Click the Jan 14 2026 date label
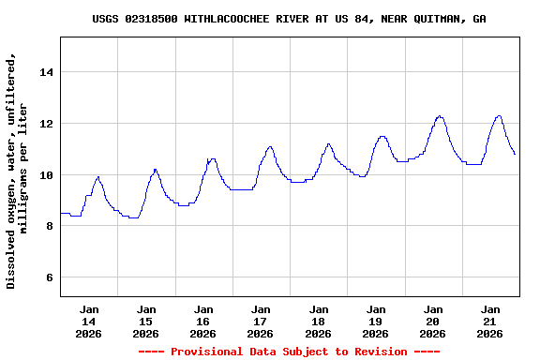[x=89, y=321]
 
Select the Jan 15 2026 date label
[x=146, y=321]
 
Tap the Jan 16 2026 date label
[x=203, y=321]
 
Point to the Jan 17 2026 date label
[x=261, y=321]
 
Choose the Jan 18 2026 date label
[x=318, y=321]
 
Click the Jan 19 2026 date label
[x=375, y=321]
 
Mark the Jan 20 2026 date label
[x=432, y=321]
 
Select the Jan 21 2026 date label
[x=489, y=321]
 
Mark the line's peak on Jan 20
[x=440, y=116]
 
